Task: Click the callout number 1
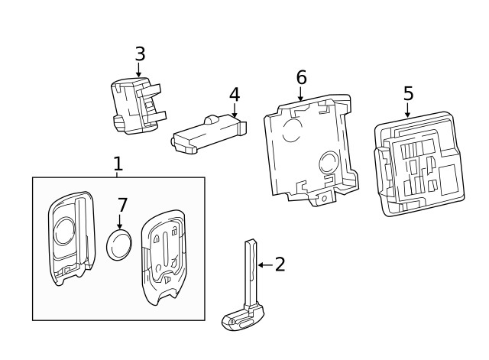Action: tap(118, 164)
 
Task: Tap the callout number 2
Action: tap(280, 264)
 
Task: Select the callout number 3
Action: tap(139, 54)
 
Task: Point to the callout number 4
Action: tap(235, 95)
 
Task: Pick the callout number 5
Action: tap(408, 94)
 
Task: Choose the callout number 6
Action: tap(301, 77)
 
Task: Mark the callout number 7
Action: tap(122, 206)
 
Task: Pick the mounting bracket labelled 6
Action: tap(309, 149)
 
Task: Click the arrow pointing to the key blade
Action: tap(264, 264)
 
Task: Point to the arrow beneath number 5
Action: tap(406, 112)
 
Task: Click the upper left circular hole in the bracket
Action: tap(291, 131)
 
